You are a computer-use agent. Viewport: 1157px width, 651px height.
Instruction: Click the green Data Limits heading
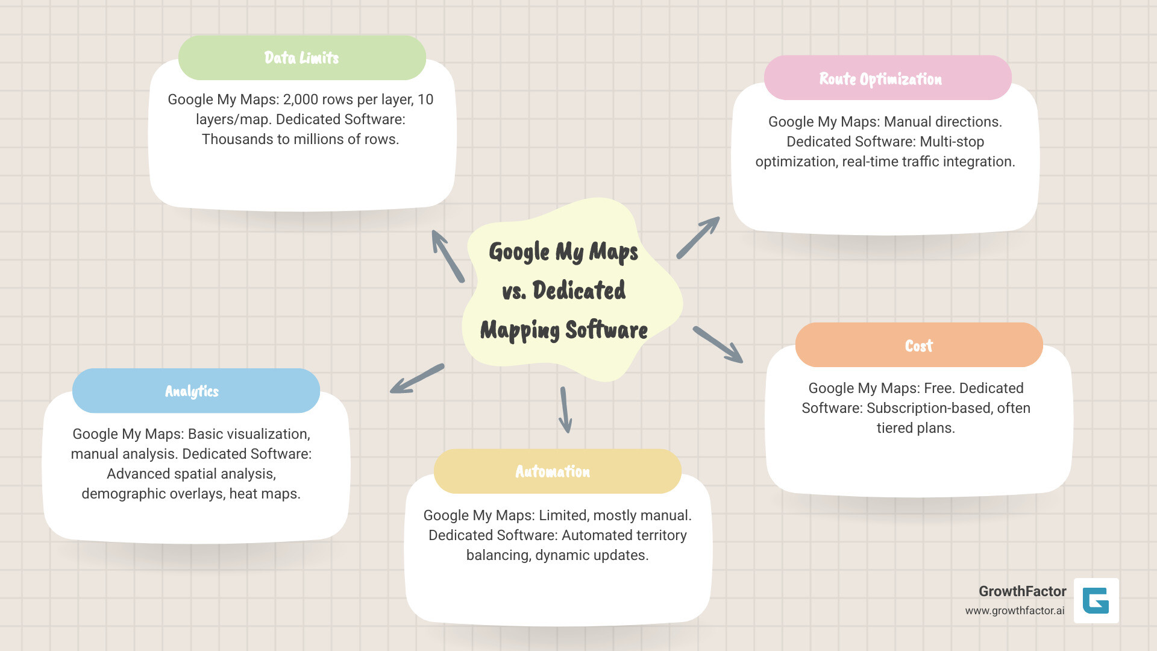(x=302, y=58)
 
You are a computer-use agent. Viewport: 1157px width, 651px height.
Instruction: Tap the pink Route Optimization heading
(x=880, y=79)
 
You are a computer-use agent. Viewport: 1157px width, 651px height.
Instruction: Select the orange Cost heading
(x=918, y=346)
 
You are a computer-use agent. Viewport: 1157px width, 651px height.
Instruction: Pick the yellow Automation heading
(x=553, y=471)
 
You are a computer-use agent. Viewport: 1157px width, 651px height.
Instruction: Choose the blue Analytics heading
(x=192, y=391)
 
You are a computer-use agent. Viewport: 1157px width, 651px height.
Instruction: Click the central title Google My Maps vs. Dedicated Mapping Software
(x=564, y=291)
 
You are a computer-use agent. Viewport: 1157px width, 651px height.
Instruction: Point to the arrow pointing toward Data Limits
(x=447, y=256)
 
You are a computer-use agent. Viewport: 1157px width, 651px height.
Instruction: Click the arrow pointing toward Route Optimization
(x=698, y=237)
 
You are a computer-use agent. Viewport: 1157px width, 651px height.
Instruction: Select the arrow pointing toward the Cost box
(x=718, y=344)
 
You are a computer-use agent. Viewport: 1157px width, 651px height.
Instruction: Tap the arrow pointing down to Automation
(x=565, y=410)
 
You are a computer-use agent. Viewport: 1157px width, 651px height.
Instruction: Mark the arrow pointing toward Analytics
(x=417, y=379)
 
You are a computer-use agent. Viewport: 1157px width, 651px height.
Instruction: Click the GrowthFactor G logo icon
(x=1096, y=600)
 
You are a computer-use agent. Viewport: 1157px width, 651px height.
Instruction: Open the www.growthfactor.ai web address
(x=1014, y=611)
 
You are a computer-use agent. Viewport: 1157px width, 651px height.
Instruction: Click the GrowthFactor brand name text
(x=1022, y=591)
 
